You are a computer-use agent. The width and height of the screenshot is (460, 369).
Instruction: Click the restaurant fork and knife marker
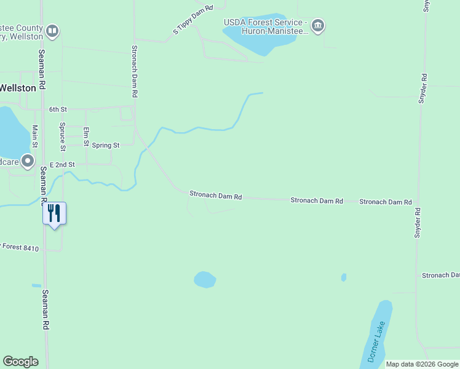(x=54, y=213)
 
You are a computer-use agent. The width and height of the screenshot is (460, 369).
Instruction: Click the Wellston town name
(x=18, y=88)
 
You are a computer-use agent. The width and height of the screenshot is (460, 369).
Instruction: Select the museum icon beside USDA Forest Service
(x=318, y=26)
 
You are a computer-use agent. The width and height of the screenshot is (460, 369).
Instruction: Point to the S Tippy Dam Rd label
(x=192, y=20)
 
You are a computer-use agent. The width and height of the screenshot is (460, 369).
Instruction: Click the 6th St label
(x=58, y=109)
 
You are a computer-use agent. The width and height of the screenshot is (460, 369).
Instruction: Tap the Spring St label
(x=105, y=146)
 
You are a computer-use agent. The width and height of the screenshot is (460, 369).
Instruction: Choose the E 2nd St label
(x=62, y=165)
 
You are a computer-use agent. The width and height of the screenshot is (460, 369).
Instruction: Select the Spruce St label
(x=62, y=137)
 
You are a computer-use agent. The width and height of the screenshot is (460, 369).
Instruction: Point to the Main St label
(x=35, y=137)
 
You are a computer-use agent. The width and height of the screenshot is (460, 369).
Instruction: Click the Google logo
(x=20, y=362)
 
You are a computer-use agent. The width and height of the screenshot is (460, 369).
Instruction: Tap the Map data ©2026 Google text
(x=422, y=364)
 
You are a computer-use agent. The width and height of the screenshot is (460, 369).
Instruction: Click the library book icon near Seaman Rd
(x=52, y=31)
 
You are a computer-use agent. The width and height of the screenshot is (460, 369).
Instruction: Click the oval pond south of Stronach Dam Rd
(x=205, y=280)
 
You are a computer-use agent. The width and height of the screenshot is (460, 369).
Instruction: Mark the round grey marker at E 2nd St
(x=28, y=162)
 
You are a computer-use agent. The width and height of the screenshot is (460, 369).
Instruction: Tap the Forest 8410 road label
(x=21, y=248)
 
